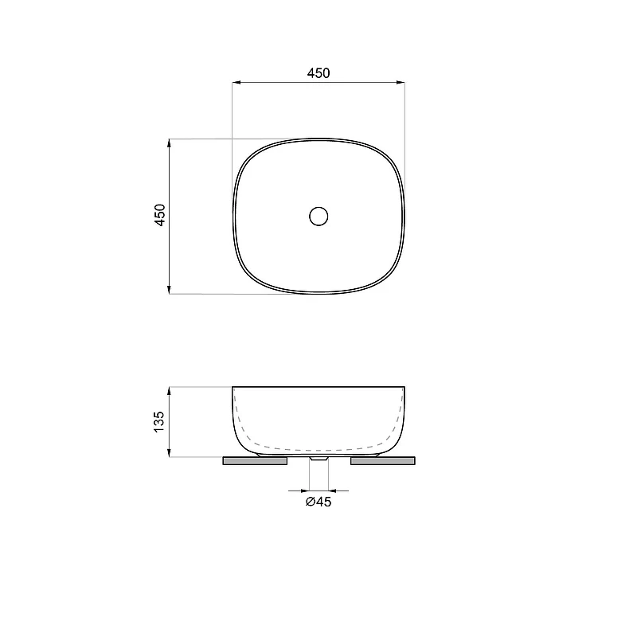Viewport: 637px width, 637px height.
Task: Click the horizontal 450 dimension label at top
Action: (x=318, y=73)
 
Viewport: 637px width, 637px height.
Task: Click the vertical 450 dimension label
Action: (x=160, y=215)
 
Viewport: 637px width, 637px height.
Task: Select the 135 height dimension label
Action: (x=159, y=422)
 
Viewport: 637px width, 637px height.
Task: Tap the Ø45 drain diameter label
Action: (x=318, y=502)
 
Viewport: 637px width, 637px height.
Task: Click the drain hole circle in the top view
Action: (x=318, y=216)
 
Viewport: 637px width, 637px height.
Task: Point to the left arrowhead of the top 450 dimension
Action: (x=236, y=83)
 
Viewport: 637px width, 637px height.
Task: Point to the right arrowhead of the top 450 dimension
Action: (x=401, y=83)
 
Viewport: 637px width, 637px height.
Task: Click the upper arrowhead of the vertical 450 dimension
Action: (x=169, y=143)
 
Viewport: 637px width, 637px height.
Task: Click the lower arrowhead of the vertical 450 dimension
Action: (x=169, y=290)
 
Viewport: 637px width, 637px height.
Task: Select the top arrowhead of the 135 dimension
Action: (x=169, y=391)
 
